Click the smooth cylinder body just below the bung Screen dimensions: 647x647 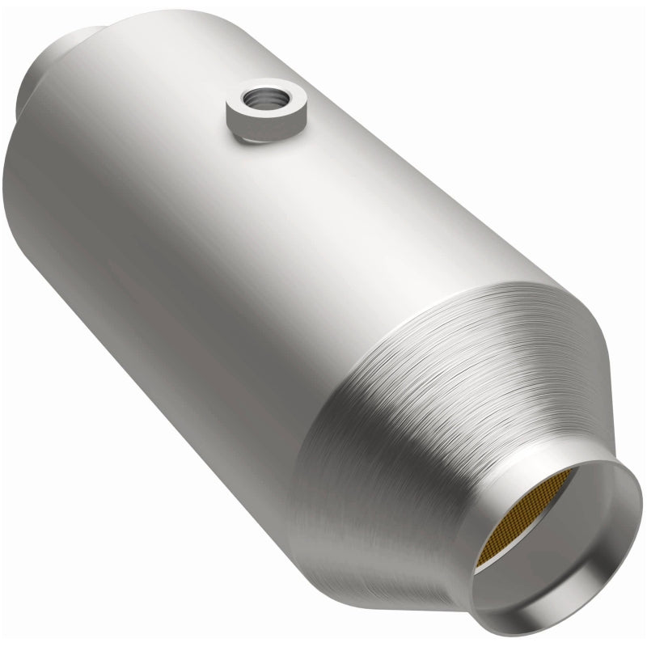267,186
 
